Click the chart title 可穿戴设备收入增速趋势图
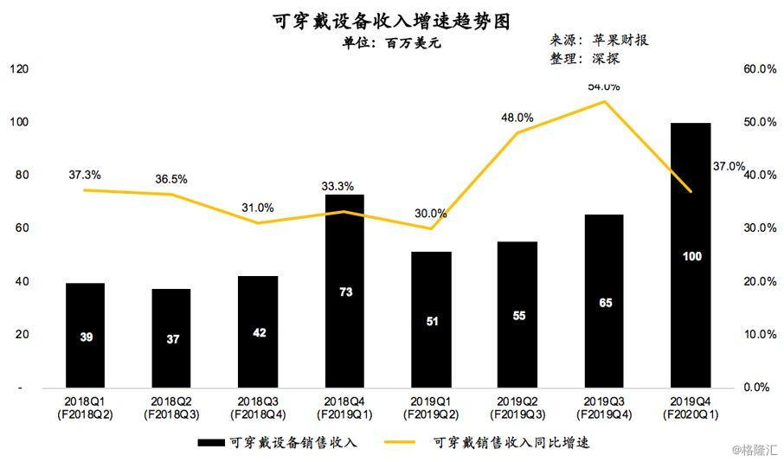391,21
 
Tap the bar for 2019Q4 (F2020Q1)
691,255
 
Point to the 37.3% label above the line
85,175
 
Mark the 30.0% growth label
430,214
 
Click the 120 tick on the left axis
19,69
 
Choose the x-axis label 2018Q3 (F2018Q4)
259,408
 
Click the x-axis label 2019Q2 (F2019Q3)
517,408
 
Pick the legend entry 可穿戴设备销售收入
277,442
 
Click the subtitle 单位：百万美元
391,43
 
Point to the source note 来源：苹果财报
599,40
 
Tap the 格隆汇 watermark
755,450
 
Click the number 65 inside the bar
605,303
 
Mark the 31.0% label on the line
258,208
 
